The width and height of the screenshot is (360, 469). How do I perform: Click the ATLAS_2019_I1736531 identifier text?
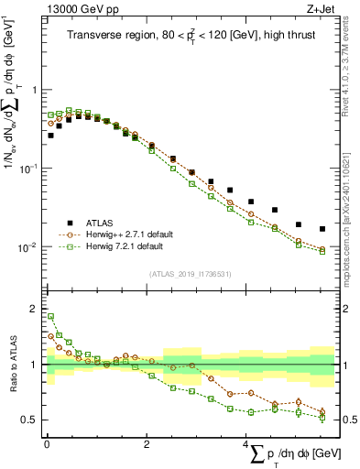(190, 273)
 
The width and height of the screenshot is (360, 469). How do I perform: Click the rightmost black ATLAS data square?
(322, 229)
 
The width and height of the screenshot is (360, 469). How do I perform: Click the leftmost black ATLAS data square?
(50, 136)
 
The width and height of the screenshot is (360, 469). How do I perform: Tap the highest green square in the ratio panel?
(50, 317)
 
